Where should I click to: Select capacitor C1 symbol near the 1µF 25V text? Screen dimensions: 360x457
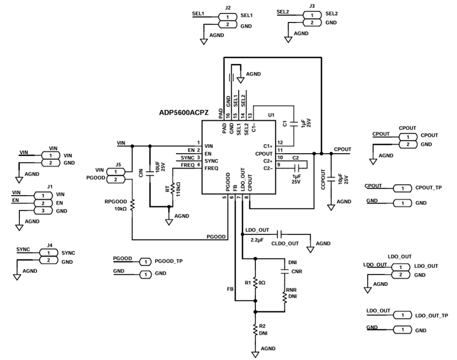pyautogui.click(x=294, y=124)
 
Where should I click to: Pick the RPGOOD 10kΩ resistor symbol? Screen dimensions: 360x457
pyautogui.click(x=132, y=205)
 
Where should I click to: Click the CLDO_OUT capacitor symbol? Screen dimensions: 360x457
pyautogui.click(x=279, y=234)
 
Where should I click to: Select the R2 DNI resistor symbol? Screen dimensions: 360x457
pyautogui.click(x=255, y=329)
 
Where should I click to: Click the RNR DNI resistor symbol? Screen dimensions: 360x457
pyautogui.click(x=284, y=296)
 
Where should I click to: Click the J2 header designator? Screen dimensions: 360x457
pyautogui.click(x=228, y=8)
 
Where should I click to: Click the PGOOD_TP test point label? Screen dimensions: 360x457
pyautogui.click(x=169, y=261)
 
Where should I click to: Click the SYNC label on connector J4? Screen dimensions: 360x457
pyautogui.click(x=68, y=253)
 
